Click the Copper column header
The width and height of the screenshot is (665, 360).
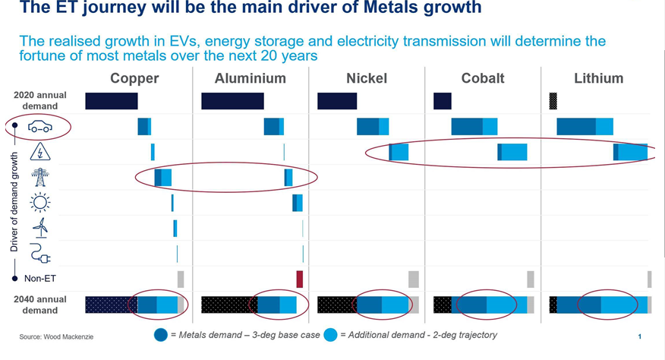[134, 78]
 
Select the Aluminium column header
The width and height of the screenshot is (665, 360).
[251, 78]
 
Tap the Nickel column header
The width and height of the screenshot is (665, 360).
[366, 78]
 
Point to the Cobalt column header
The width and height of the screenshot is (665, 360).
[483, 78]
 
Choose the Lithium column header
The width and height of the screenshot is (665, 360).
[599, 78]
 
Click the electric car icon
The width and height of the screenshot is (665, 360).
[39, 127]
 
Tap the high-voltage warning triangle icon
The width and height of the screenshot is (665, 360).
[40, 153]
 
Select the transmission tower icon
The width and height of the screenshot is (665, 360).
[39, 177]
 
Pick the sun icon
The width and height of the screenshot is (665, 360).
[39, 202]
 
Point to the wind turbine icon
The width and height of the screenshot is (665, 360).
[40, 227]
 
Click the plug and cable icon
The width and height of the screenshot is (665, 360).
[40, 253]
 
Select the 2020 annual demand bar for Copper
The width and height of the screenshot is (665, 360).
[112, 101]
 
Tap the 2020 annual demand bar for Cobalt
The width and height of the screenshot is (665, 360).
[442, 101]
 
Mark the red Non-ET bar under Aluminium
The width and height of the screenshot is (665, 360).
[299, 279]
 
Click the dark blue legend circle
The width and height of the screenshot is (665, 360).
[161, 335]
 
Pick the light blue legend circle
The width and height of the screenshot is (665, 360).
[330, 335]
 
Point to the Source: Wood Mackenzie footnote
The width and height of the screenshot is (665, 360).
[56, 336]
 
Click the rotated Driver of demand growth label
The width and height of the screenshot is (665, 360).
[14, 201]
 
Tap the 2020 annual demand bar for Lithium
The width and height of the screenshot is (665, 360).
[553, 101]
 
